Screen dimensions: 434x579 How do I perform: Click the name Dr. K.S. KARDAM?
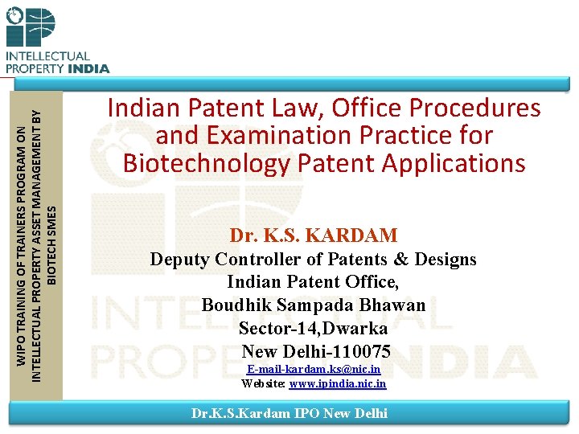[x=314, y=235]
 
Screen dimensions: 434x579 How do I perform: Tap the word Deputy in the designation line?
[x=179, y=260]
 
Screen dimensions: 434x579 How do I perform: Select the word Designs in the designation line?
[x=444, y=260]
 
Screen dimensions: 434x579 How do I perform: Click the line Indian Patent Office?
[x=313, y=283]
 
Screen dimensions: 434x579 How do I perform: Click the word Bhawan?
[x=394, y=306]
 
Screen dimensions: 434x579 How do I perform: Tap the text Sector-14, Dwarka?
[x=313, y=329]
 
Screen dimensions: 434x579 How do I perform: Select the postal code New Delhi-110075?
[x=316, y=351]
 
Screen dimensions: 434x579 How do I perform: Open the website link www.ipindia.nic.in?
[x=338, y=384]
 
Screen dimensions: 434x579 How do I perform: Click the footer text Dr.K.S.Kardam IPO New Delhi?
[x=289, y=413]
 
